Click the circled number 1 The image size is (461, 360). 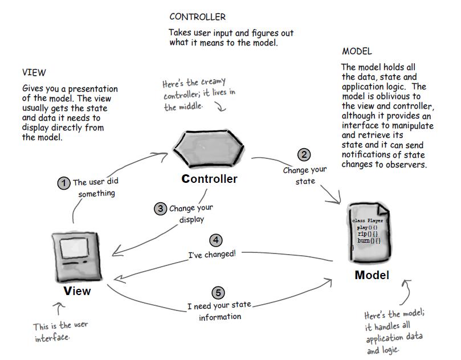click(x=64, y=183)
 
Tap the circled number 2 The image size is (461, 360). click(x=304, y=154)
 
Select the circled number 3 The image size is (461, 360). click(x=161, y=208)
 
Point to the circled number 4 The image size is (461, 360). click(x=216, y=240)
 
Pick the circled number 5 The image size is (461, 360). click(x=218, y=293)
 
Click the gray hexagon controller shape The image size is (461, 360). click(x=209, y=148)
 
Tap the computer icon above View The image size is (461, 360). click(x=77, y=257)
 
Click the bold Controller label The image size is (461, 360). click(x=209, y=179)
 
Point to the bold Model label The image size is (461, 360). click(x=372, y=275)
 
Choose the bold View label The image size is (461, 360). click(x=77, y=291)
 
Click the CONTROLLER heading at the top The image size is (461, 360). click(x=198, y=17)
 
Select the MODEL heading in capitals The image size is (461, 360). click(x=357, y=51)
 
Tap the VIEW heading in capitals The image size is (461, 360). click(x=34, y=72)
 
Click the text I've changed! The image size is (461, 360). click(x=212, y=254)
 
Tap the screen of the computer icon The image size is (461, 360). click(x=74, y=248)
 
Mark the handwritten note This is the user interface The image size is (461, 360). click(x=60, y=332)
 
